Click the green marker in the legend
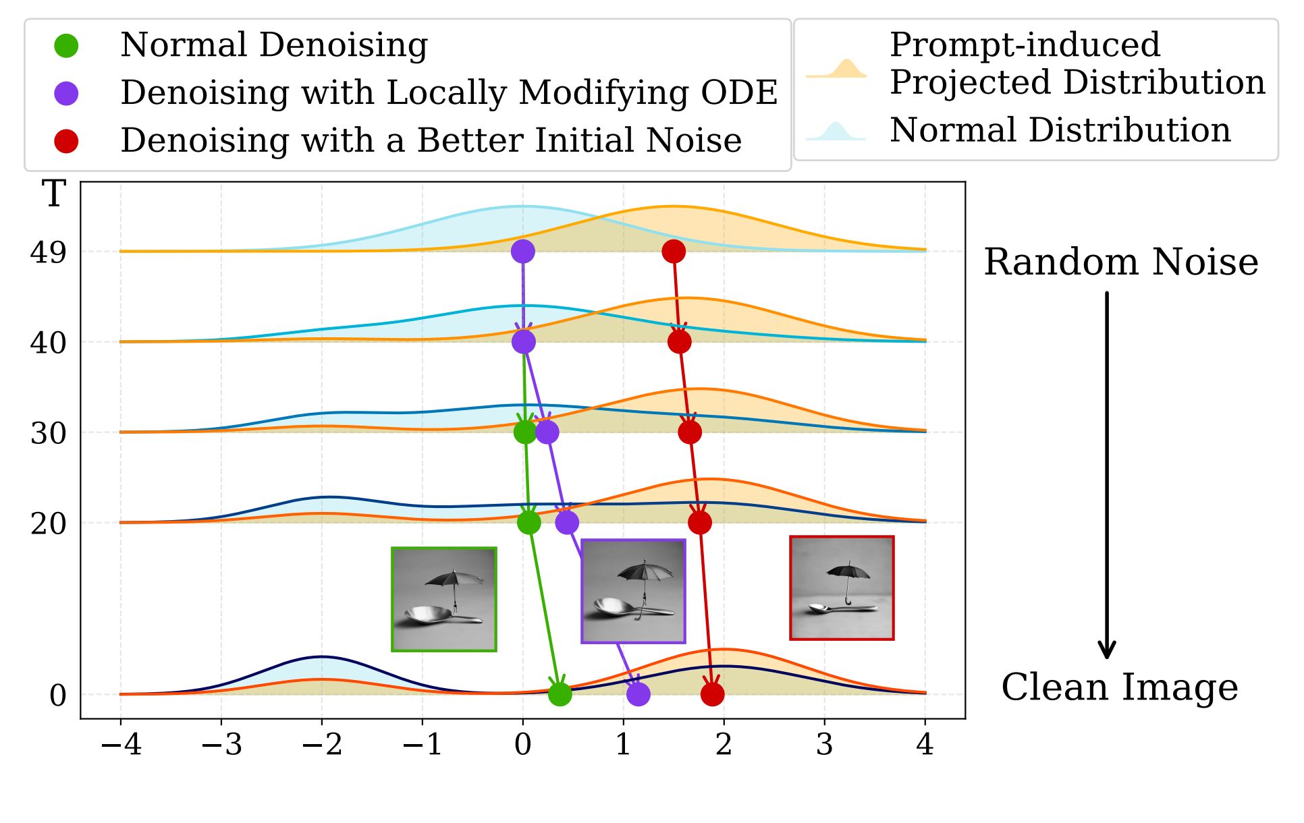(x=66, y=46)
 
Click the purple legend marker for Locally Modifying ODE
(x=66, y=93)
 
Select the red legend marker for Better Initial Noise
(x=66, y=141)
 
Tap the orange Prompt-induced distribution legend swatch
(x=836, y=69)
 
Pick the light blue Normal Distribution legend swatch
(x=836, y=132)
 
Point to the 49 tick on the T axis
(x=48, y=252)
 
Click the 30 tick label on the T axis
(x=48, y=433)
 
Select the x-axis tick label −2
(x=322, y=744)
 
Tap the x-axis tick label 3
(x=824, y=744)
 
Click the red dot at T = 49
(x=674, y=252)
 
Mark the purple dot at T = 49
(x=522, y=252)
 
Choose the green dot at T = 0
(x=560, y=694)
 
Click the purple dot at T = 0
(x=638, y=694)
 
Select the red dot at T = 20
(x=700, y=522)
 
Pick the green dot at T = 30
(x=525, y=432)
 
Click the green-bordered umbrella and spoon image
(x=444, y=599)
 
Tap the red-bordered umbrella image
(x=842, y=588)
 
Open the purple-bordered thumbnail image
(x=633, y=591)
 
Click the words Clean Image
(x=1119, y=687)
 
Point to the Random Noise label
(x=1120, y=262)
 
